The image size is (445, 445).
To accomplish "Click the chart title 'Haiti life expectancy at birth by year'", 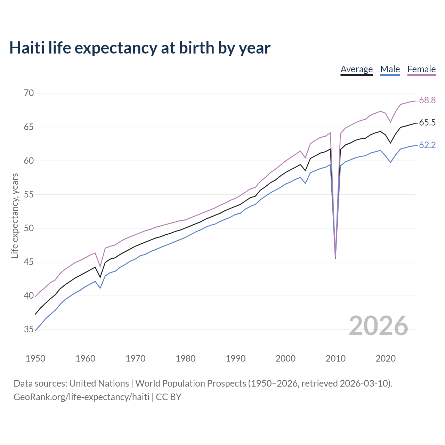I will click(x=140, y=48).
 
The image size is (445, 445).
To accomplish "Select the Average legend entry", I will click(x=356, y=69).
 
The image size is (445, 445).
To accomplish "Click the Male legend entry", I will click(x=390, y=69).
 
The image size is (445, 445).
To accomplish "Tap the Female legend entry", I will click(x=421, y=69).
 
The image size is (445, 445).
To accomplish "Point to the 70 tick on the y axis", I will click(x=29, y=93).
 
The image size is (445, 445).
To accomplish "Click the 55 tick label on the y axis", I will click(x=29, y=194).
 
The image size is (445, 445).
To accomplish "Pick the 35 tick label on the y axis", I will click(x=29, y=329).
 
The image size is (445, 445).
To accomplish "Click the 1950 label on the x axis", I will click(x=35, y=358).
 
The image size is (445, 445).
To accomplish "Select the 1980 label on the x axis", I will click(x=186, y=358).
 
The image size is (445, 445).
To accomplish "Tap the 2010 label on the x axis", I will click(x=335, y=358).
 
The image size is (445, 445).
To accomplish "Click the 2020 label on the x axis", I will click(x=386, y=358).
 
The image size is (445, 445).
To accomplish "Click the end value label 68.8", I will click(x=427, y=100).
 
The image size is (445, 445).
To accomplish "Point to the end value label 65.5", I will click(x=427, y=123).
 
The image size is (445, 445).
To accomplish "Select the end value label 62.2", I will click(x=427, y=145).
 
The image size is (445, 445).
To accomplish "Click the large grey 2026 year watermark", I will click(x=378, y=326).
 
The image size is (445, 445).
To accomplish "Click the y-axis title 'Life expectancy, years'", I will click(x=15, y=216).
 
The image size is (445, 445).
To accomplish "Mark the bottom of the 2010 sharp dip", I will click(x=335, y=259).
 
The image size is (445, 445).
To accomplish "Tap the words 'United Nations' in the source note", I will click(x=99, y=383).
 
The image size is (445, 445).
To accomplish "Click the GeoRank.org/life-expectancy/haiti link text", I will click(x=81, y=397).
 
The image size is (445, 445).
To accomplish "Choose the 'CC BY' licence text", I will click(x=169, y=397).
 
